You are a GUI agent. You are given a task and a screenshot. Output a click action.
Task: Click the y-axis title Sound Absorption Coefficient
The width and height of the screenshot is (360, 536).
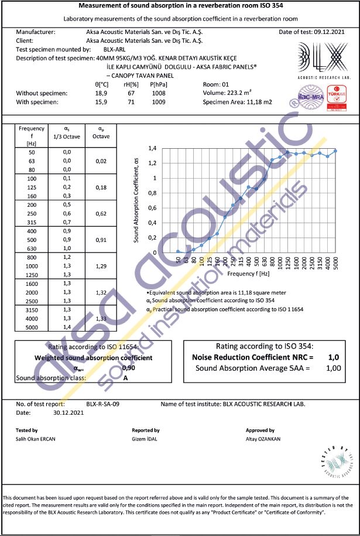point(136,200)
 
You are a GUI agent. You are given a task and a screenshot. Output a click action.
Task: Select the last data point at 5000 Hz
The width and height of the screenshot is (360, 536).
point(335,151)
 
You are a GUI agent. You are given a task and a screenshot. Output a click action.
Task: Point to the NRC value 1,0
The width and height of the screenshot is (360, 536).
point(334,357)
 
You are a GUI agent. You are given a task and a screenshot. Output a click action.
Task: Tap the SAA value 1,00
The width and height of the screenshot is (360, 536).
point(334,368)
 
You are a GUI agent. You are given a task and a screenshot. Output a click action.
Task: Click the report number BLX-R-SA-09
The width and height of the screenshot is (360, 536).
point(103,404)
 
